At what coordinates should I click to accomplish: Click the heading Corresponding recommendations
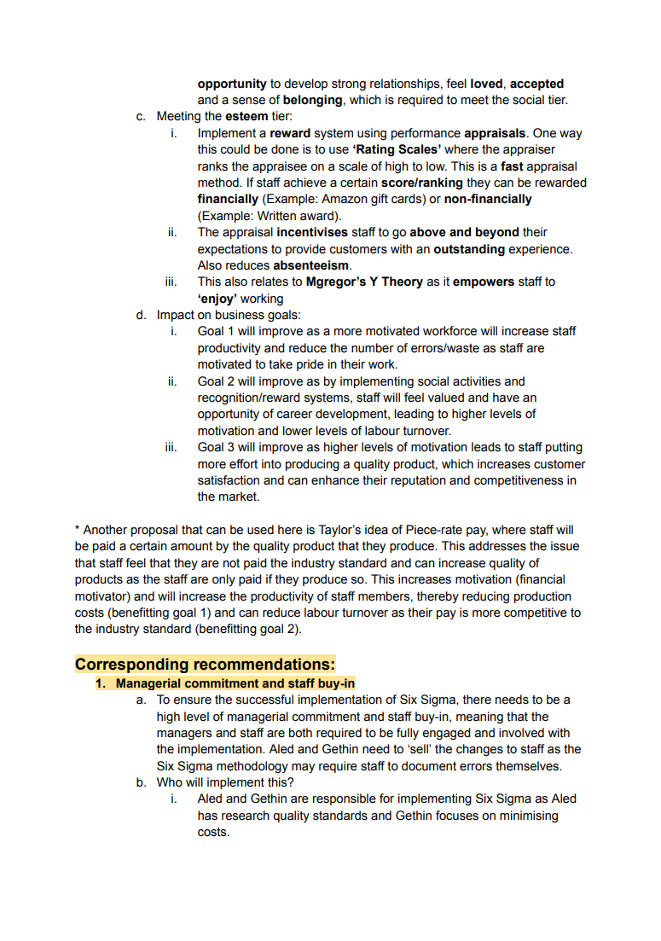click(x=205, y=664)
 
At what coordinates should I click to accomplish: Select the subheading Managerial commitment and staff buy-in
click(x=235, y=683)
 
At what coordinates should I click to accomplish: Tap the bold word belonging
click(x=312, y=100)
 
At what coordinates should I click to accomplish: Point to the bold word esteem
click(x=246, y=116)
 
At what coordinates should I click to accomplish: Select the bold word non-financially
click(x=484, y=199)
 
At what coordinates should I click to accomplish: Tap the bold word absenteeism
click(x=311, y=265)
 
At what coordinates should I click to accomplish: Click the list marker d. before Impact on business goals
click(x=142, y=315)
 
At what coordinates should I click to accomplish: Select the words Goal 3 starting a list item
click(x=217, y=447)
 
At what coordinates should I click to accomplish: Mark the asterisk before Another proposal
click(x=78, y=530)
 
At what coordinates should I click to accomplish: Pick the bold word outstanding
click(x=471, y=249)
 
